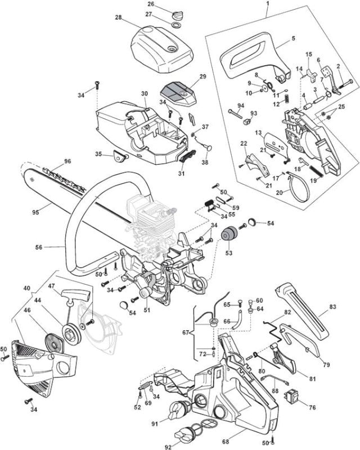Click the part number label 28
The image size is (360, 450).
(118, 17)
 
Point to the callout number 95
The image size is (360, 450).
(35, 213)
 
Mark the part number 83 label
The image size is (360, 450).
(332, 307)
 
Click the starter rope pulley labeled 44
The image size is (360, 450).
(70, 334)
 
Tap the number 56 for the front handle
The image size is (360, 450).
(39, 247)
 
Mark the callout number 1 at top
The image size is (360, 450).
(268, 4)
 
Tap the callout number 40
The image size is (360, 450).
(26, 288)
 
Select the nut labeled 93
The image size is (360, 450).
(246, 122)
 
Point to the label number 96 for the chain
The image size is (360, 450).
(67, 161)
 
